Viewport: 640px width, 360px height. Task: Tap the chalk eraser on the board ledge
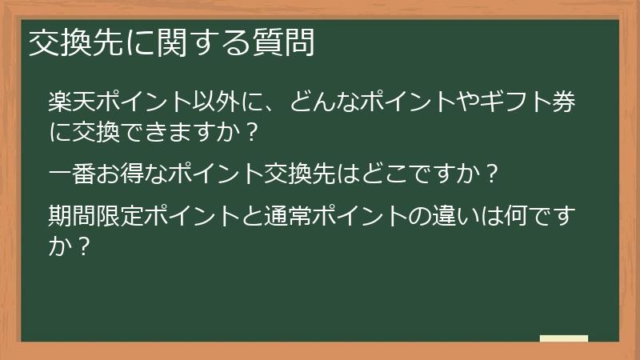pos(563,338)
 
